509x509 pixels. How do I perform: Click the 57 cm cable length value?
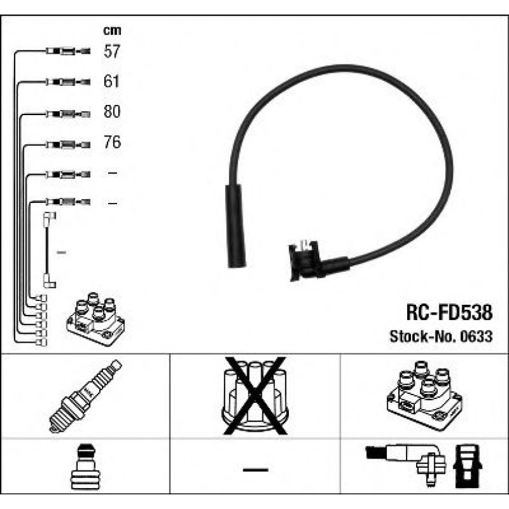(112, 51)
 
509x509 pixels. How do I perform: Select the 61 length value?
(111, 81)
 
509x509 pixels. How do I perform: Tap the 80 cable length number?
(112, 111)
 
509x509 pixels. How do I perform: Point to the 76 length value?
(112, 142)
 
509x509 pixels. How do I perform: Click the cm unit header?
(112, 30)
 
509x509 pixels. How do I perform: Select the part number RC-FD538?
(450, 312)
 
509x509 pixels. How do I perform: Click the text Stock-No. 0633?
(441, 336)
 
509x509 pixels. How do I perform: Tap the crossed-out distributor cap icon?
(255, 396)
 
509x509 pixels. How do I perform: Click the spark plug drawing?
(85, 396)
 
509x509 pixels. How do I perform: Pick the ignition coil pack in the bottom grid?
(425, 396)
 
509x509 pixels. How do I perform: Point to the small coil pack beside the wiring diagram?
(95, 319)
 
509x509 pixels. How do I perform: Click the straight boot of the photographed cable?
(235, 226)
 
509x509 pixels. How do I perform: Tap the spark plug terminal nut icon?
(85, 467)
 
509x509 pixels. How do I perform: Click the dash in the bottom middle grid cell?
(255, 470)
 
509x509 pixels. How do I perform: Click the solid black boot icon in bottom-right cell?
(467, 466)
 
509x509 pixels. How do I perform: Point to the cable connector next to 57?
(68, 51)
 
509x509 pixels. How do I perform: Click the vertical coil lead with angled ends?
(49, 250)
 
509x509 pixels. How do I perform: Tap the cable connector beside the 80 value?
(68, 114)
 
